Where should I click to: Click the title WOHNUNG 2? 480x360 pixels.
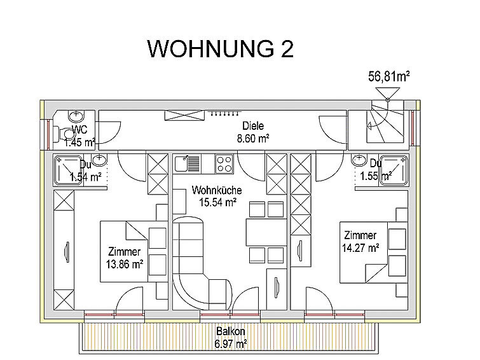(x=221, y=49)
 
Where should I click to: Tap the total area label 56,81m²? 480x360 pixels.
(x=389, y=76)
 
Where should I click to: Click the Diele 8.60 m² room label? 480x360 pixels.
(x=253, y=132)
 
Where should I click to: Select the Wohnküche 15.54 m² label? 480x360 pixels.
(x=217, y=196)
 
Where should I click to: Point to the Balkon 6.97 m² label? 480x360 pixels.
(x=231, y=337)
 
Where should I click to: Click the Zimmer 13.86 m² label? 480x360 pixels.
(x=125, y=258)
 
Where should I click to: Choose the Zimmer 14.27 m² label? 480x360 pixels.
(x=360, y=242)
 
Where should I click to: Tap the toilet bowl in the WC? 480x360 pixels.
(x=64, y=134)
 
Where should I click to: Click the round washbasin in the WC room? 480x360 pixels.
(x=76, y=116)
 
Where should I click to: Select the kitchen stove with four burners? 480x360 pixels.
(x=224, y=164)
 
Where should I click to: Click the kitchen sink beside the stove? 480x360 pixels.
(x=188, y=163)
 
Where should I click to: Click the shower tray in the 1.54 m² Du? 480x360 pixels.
(x=68, y=170)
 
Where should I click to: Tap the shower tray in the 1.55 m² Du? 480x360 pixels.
(x=394, y=170)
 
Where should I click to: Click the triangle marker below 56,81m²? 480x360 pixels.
(x=388, y=93)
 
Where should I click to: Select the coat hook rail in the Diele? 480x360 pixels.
(x=224, y=114)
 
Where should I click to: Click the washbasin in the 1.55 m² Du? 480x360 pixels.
(x=359, y=160)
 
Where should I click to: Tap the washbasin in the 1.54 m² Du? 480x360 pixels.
(x=99, y=160)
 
